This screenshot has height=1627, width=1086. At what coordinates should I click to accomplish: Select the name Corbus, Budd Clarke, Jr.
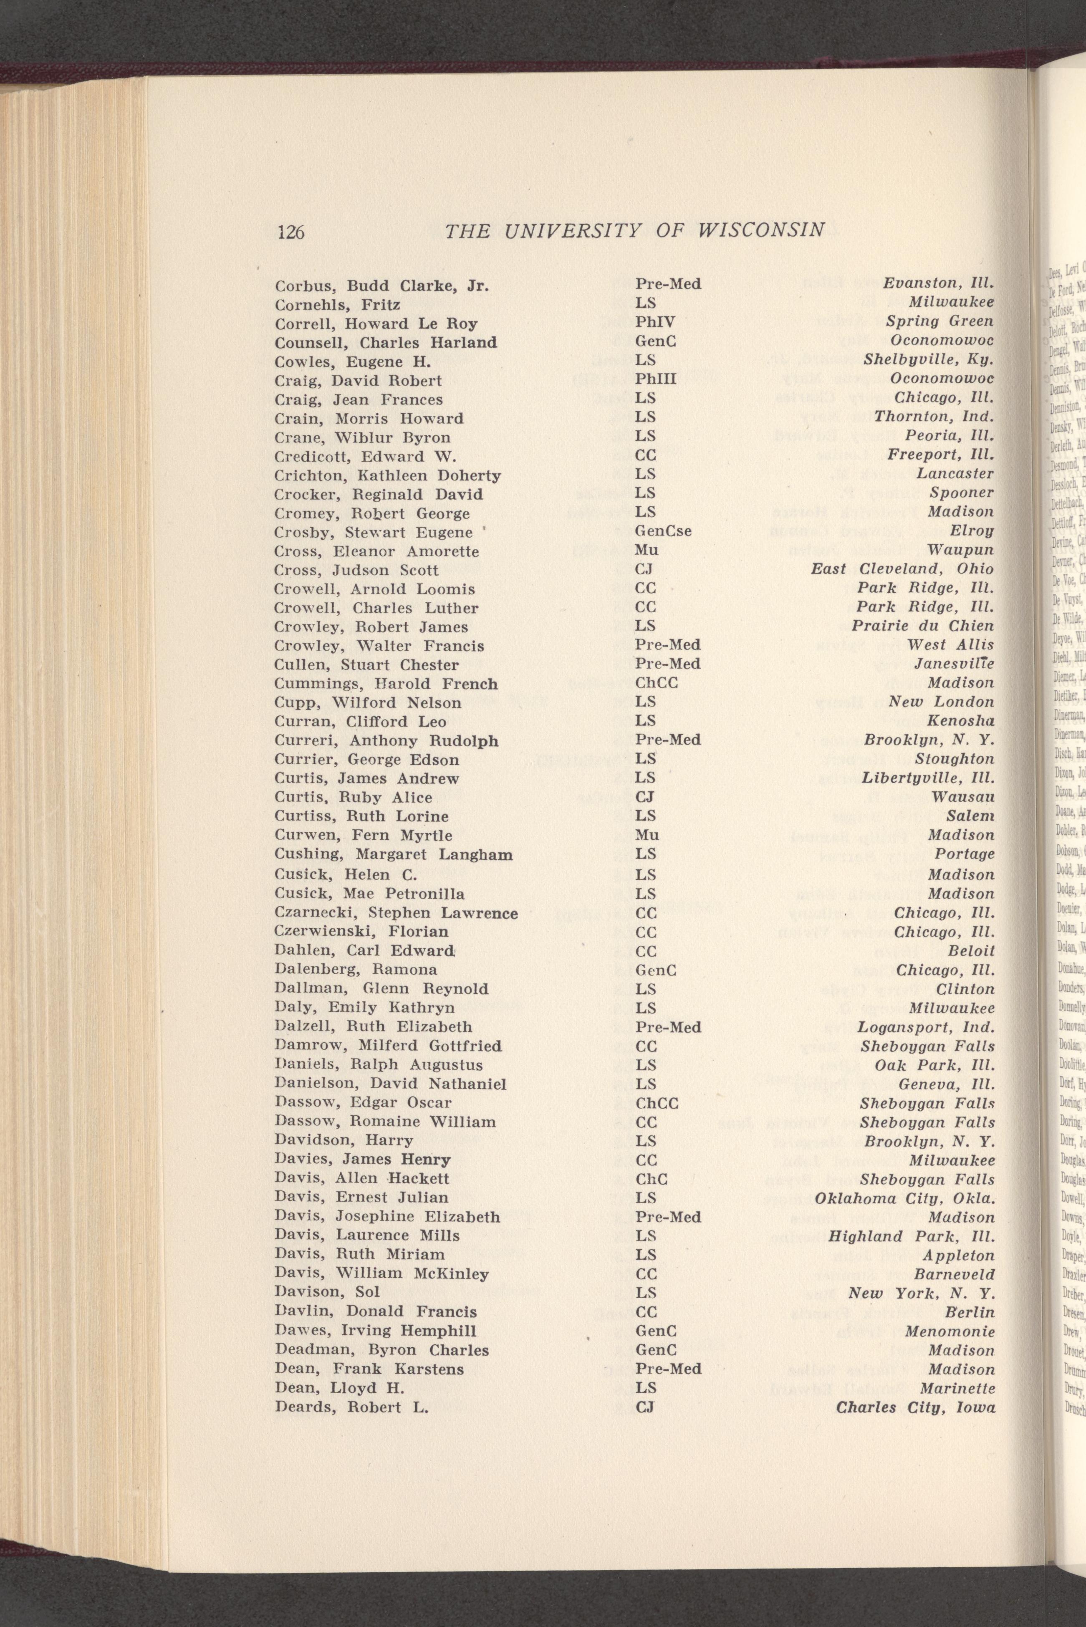click(x=381, y=285)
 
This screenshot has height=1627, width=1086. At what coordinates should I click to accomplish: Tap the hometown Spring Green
click(x=940, y=321)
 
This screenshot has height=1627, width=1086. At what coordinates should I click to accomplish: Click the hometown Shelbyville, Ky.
click(x=929, y=360)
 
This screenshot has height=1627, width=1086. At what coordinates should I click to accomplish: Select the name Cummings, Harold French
click(x=386, y=684)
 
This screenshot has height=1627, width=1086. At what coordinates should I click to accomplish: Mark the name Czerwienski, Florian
click(x=361, y=932)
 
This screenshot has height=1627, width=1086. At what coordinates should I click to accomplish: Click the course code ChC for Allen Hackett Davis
click(x=651, y=1179)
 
